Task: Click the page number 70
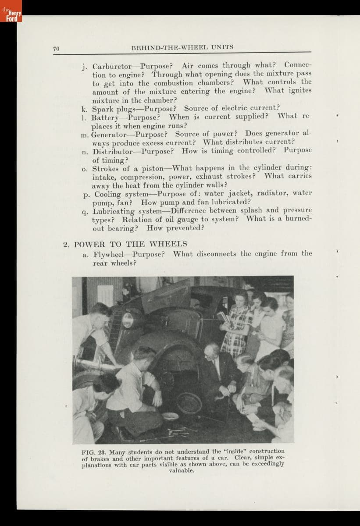point(56,48)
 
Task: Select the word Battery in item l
point(105,117)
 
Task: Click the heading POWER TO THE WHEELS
point(130,244)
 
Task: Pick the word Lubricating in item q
point(115,211)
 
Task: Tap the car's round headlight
point(128,320)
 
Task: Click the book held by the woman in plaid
point(223,316)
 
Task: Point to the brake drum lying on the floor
point(189,403)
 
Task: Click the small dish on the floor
point(170,416)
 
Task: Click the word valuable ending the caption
point(181,470)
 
